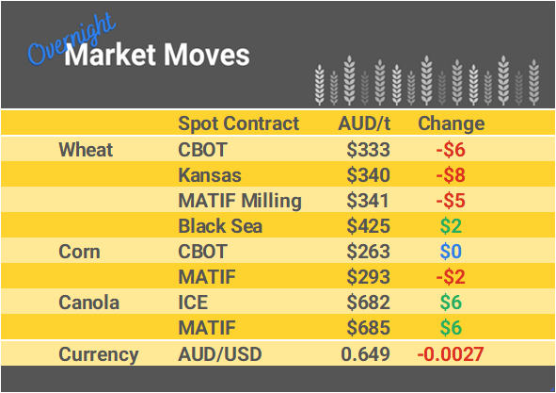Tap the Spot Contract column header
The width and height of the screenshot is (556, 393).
pyautogui.click(x=238, y=123)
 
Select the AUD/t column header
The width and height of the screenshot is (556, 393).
pyautogui.click(x=365, y=123)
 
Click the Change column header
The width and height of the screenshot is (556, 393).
pyautogui.click(x=451, y=123)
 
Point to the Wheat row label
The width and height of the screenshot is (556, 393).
pyautogui.click(x=86, y=149)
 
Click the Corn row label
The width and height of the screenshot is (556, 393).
pyautogui.click(x=79, y=252)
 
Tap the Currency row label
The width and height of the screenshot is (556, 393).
pyautogui.click(x=99, y=354)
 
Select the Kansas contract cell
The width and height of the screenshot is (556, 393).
pyautogui.click(x=210, y=175)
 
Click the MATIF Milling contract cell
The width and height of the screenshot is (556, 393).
pyautogui.click(x=240, y=201)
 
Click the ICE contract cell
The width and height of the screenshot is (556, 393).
pyautogui.click(x=194, y=303)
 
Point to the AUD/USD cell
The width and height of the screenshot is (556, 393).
pyautogui.click(x=219, y=354)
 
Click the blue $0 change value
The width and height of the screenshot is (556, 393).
pyautogui.click(x=452, y=252)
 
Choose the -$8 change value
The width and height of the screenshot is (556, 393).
pyautogui.click(x=450, y=175)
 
